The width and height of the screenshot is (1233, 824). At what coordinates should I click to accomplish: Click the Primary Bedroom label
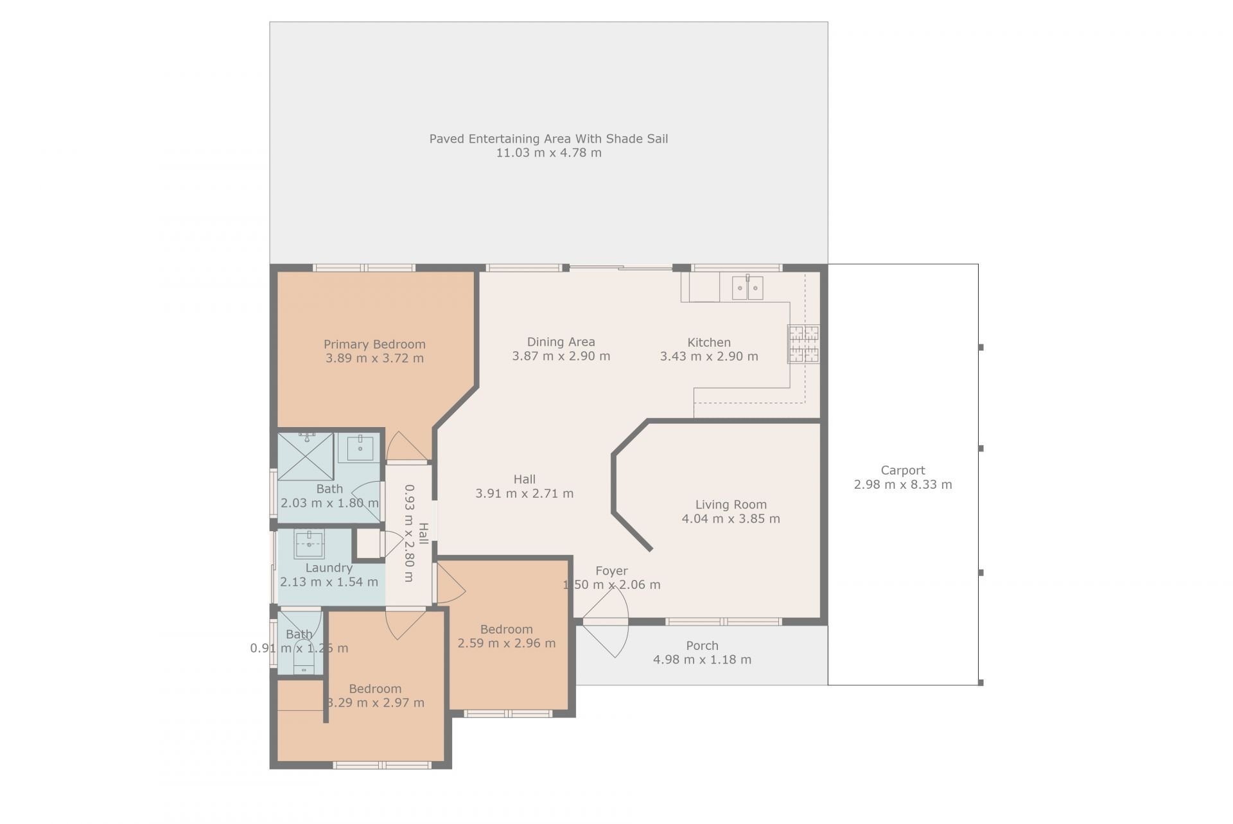point(374,344)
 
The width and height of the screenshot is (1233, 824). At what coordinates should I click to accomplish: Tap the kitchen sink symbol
point(748,288)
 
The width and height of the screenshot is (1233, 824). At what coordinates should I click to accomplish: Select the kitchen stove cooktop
point(803,344)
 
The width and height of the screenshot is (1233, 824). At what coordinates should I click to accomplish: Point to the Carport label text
point(903,470)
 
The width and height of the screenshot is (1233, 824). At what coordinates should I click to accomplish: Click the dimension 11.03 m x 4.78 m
point(549,153)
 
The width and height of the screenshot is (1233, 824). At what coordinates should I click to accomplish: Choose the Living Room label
point(731,505)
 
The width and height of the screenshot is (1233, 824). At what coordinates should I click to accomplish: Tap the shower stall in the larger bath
point(306,457)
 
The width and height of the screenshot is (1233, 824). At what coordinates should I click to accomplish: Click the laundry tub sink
point(310,543)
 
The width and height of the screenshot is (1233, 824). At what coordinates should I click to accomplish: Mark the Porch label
point(702,645)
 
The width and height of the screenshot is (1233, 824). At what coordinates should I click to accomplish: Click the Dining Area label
point(561,342)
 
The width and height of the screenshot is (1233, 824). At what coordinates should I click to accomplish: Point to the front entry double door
point(607,622)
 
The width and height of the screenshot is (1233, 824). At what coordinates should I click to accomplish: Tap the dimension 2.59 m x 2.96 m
point(507,643)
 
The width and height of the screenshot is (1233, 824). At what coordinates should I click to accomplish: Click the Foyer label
point(611,570)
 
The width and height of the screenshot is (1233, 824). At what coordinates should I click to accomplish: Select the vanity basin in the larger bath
point(360,448)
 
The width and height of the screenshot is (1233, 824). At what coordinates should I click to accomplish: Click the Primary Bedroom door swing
point(407,446)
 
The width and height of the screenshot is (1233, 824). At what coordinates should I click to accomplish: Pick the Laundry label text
point(329,568)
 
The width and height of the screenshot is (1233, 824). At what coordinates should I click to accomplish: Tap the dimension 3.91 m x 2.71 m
point(525,493)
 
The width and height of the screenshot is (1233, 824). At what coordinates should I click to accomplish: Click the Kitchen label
point(709,342)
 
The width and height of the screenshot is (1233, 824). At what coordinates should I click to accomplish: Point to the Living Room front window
point(723,622)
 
